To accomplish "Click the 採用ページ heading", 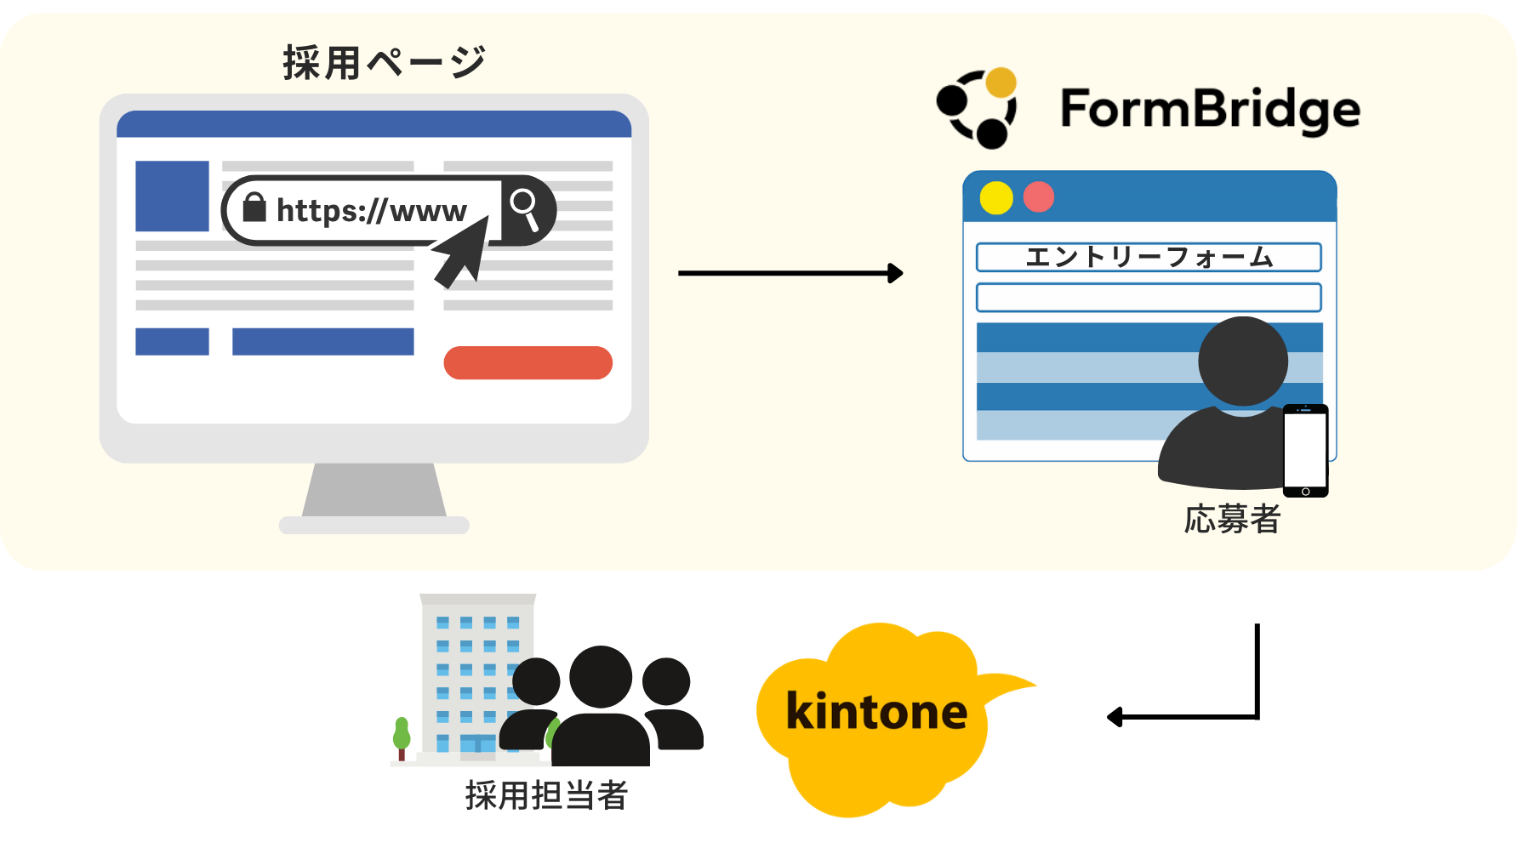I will tap(384, 63).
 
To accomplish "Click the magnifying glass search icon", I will tap(524, 208).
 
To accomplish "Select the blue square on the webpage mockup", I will tap(172, 196).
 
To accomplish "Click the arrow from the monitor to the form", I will tap(790, 273).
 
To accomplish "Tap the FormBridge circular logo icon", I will tap(978, 108).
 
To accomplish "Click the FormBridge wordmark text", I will tap(1209, 110).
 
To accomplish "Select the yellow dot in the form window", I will tap(995, 198).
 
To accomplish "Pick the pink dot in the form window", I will tap(1039, 197).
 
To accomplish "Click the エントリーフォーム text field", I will tap(1148, 257).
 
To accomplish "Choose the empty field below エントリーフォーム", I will tap(1148, 298).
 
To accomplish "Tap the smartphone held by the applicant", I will tap(1305, 450).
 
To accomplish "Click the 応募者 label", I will tap(1232, 519).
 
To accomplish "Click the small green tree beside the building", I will tap(402, 737).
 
